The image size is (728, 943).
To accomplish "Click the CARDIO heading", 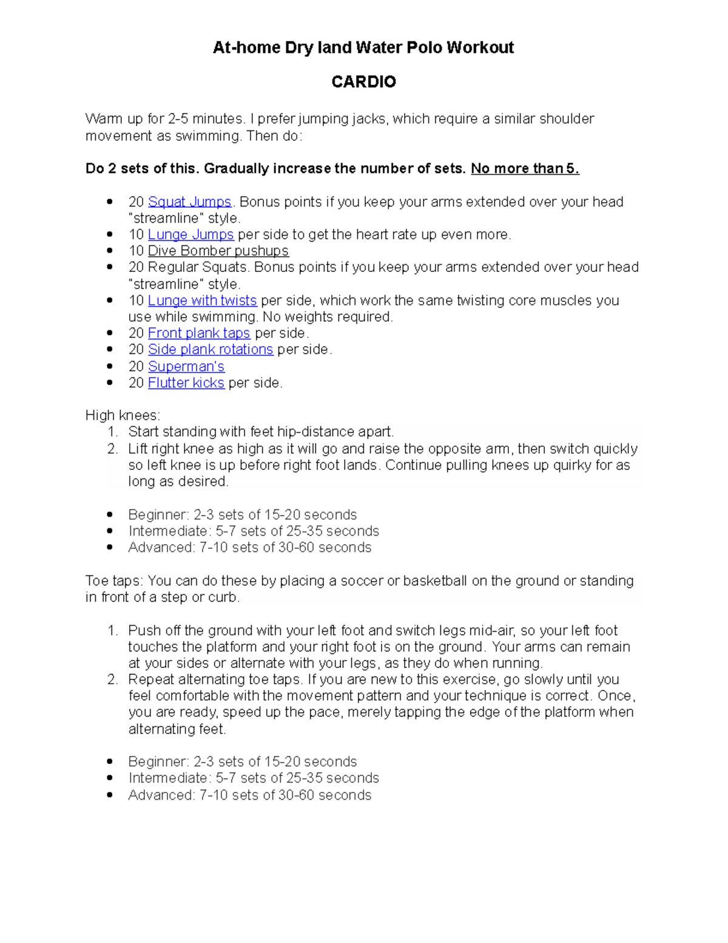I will [363, 82].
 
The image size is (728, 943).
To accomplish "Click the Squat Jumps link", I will [189, 202].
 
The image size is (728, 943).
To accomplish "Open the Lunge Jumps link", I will [190, 234].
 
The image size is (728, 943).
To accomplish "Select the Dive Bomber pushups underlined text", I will [218, 251].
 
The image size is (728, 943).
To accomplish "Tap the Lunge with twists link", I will [202, 301].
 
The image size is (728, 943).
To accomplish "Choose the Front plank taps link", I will [198, 333].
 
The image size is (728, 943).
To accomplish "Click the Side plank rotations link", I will [210, 350].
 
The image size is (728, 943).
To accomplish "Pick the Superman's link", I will [186, 367].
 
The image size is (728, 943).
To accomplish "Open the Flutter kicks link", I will [186, 383].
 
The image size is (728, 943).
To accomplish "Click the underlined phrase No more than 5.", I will [525, 169].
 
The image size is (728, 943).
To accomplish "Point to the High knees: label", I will [123, 415].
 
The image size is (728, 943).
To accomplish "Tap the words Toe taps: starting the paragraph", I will [114, 581].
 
